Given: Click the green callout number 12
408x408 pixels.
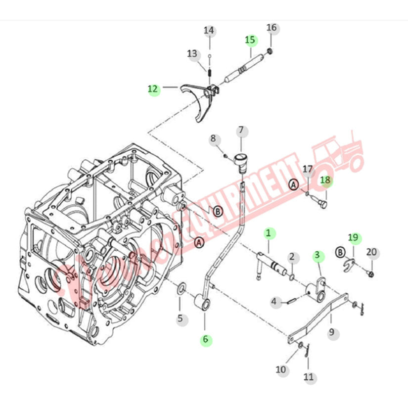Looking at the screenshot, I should [153, 89].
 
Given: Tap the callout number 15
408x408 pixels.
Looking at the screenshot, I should [250, 40].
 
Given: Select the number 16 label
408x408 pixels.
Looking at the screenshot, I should [272, 28].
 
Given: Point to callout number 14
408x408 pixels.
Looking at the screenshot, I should [209, 31].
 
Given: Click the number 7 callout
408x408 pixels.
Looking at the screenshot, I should [241, 131].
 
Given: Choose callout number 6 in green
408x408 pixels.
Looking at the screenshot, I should [206, 340].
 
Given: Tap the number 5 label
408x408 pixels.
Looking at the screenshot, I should [180, 319].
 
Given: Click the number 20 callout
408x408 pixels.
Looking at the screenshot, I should [371, 252].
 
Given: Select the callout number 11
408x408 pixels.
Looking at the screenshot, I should [309, 377].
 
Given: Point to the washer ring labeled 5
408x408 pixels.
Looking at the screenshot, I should [181, 287].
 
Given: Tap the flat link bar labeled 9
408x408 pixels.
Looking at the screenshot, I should [319, 317].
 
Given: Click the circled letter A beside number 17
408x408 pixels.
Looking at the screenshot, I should [293, 184].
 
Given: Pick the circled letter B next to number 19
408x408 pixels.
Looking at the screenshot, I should [341, 252].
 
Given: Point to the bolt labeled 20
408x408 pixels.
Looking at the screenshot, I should [371, 273].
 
